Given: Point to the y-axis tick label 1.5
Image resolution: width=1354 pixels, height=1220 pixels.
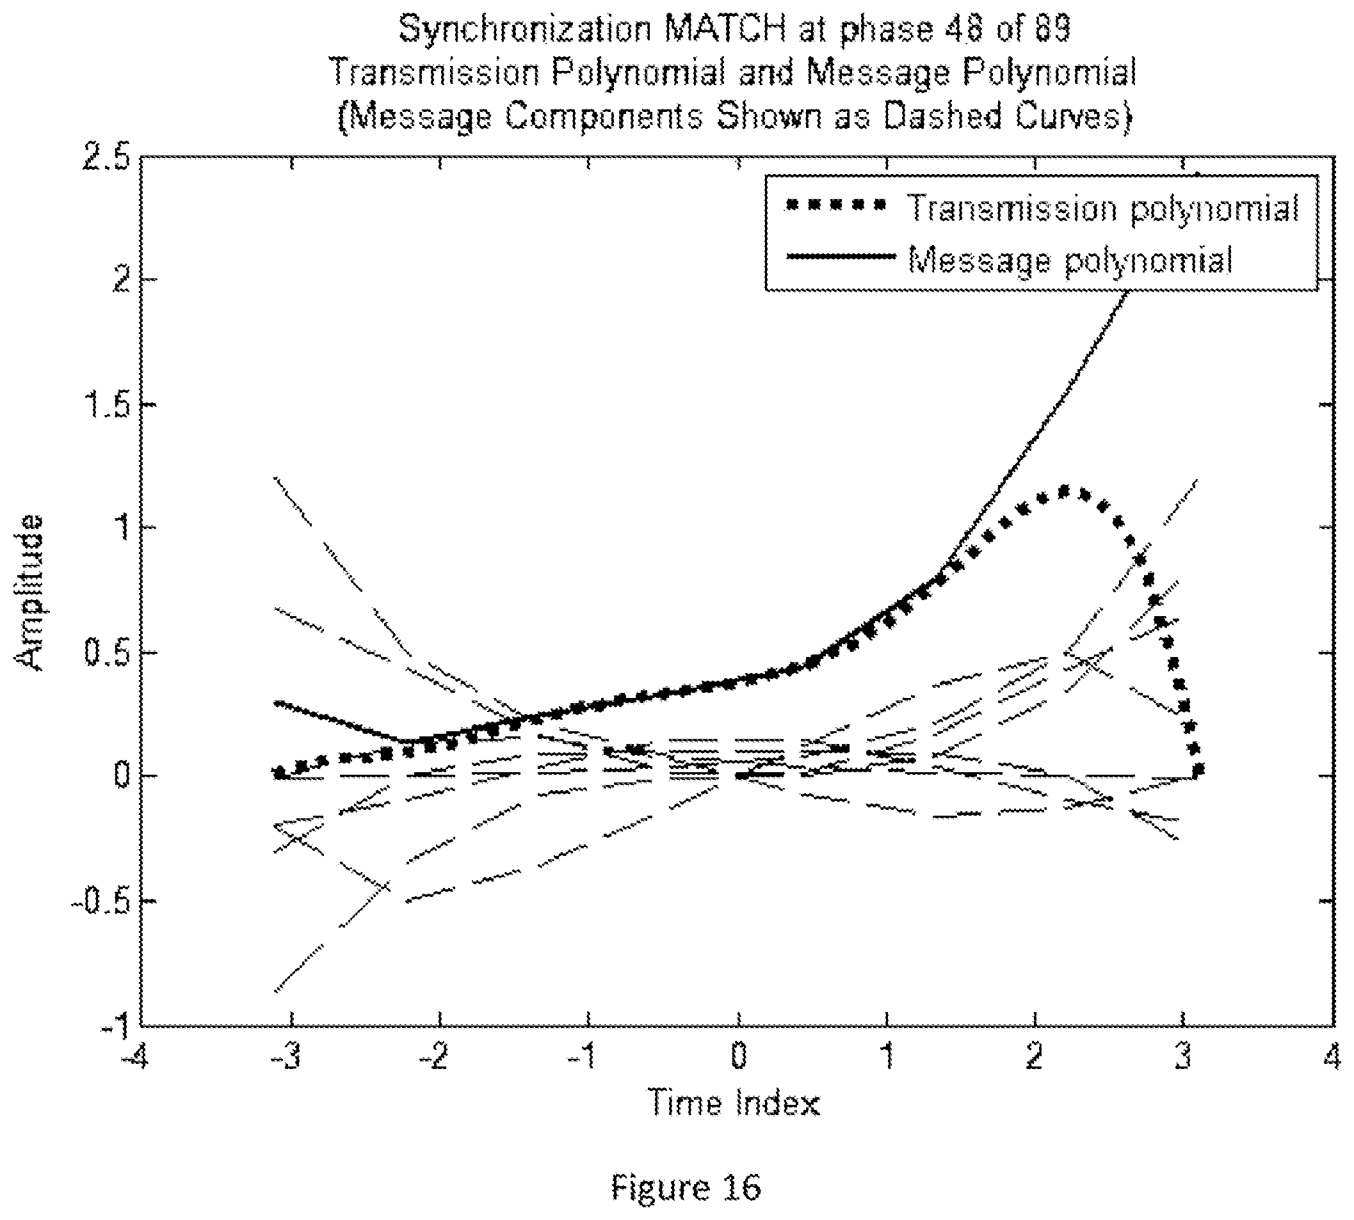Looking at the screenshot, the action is [108, 406].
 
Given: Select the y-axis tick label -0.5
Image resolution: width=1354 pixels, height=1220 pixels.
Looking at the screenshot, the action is [101, 901].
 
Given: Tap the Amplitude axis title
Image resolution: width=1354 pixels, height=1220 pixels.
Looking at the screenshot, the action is [30, 592].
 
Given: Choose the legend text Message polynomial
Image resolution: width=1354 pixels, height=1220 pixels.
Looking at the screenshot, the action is [1070, 258].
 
